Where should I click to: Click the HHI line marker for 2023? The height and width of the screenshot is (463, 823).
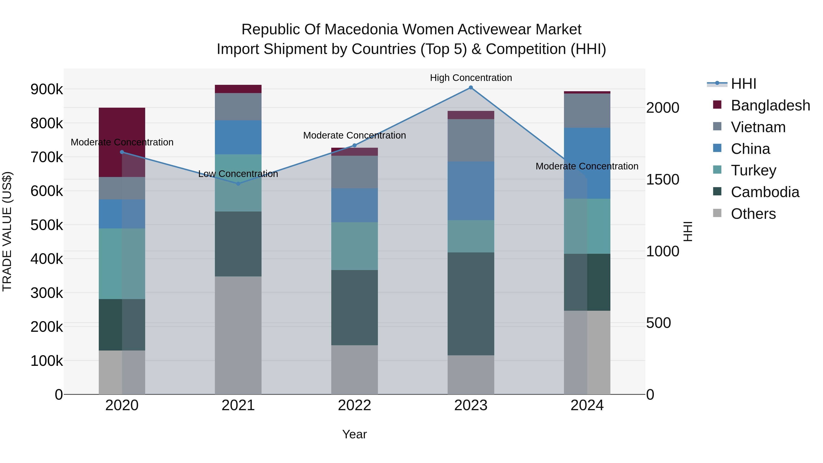coord(471,88)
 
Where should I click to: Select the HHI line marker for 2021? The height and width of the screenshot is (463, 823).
coord(238,184)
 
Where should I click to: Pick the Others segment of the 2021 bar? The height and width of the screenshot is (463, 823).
coord(238,335)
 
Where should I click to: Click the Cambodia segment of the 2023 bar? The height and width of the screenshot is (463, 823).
coord(471,304)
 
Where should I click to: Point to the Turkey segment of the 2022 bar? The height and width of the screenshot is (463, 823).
coord(354,246)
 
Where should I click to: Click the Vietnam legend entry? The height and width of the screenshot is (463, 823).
coord(758,127)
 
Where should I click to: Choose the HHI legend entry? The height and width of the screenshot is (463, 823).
coord(743,84)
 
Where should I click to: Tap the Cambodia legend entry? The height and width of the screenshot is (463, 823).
coord(765,192)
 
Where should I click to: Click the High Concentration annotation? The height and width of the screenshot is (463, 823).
coord(471,78)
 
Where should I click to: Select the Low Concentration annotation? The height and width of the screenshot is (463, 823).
coord(238,174)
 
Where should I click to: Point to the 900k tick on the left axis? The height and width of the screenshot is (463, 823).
coord(47,89)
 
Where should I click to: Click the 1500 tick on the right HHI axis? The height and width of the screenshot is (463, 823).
coord(662,179)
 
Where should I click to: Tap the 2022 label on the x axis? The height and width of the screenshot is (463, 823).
coord(354,405)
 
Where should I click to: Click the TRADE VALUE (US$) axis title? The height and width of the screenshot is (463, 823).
coord(7,231)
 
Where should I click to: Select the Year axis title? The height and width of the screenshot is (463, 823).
coord(354,434)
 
